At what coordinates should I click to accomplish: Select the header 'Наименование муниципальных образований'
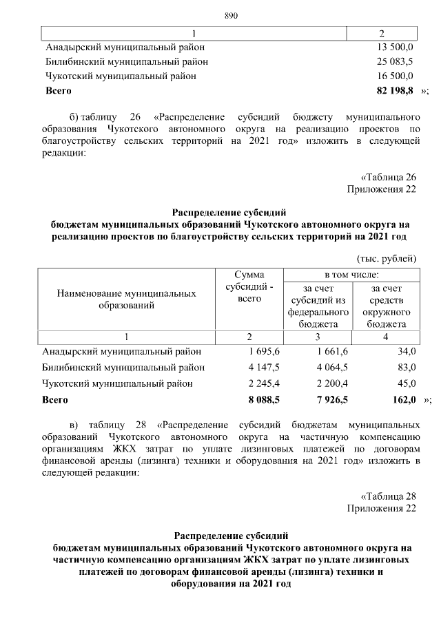tap(126, 299)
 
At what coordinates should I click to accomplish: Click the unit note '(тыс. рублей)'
tap(387, 258)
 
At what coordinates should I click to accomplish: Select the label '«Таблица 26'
tap(389, 177)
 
